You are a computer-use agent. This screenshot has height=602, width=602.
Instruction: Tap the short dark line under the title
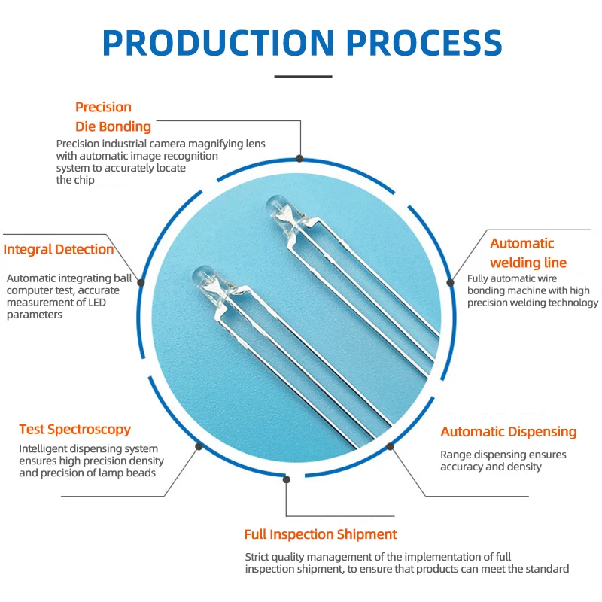tap(303, 76)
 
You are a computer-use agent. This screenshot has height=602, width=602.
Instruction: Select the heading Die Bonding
tap(113, 126)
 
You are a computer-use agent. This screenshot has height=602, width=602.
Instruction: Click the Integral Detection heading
tap(59, 250)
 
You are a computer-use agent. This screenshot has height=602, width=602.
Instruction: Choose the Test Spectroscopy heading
tap(74, 430)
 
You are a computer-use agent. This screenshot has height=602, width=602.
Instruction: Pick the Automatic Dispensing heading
tap(509, 432)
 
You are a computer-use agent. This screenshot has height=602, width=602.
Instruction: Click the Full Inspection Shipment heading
tap(320, 534)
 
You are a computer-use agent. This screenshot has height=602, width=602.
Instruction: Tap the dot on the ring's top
tap(299, 158)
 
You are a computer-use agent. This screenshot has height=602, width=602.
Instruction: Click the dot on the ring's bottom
tap(286, 479)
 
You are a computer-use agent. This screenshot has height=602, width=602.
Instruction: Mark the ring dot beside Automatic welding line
tap(450, 282)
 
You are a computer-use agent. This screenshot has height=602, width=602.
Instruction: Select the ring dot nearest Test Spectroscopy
tap(199, 446)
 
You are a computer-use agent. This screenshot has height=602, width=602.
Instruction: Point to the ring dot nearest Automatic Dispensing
tap(391, 446)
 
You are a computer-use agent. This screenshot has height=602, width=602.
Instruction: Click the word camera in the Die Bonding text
tap(169, 144)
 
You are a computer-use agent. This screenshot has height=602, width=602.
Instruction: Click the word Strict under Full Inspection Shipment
tap(259, 557)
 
